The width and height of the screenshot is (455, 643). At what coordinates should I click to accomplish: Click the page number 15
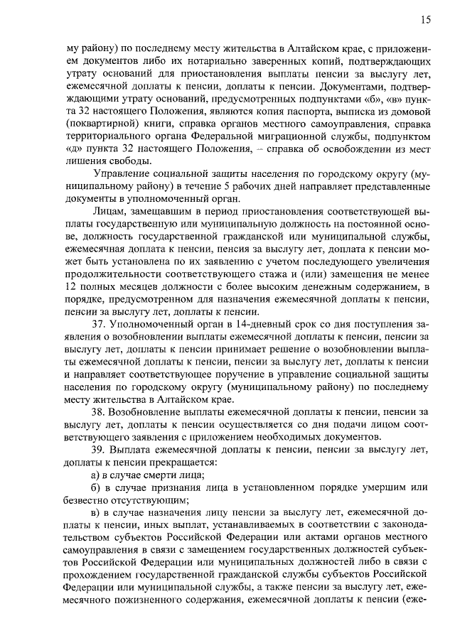[424, 20]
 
